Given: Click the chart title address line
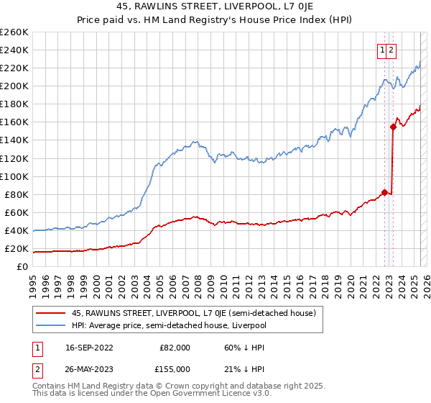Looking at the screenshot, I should [215, 6].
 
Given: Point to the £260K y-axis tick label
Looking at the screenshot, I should [14, 32].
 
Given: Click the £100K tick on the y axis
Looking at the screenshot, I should [14, 176].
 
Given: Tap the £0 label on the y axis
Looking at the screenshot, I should [23, 267].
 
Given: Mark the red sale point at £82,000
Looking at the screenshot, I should [384, 192].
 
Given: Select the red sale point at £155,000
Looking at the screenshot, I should [393, 127].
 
